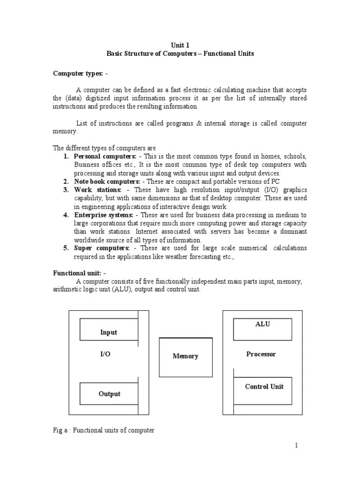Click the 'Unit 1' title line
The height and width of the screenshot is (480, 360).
(x=180, y=45)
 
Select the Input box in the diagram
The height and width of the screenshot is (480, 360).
(x=109, y=330)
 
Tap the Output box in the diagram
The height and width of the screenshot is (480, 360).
(x=109, y=394)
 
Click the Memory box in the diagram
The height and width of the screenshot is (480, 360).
(x=186, y=357)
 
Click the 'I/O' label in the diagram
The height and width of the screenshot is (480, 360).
(x=105, y=354)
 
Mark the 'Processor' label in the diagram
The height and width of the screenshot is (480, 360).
(x=261, y=354)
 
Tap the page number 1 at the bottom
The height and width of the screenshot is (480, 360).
(x=296, y=446)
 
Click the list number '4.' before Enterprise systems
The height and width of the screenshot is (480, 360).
(x=66, y=215)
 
